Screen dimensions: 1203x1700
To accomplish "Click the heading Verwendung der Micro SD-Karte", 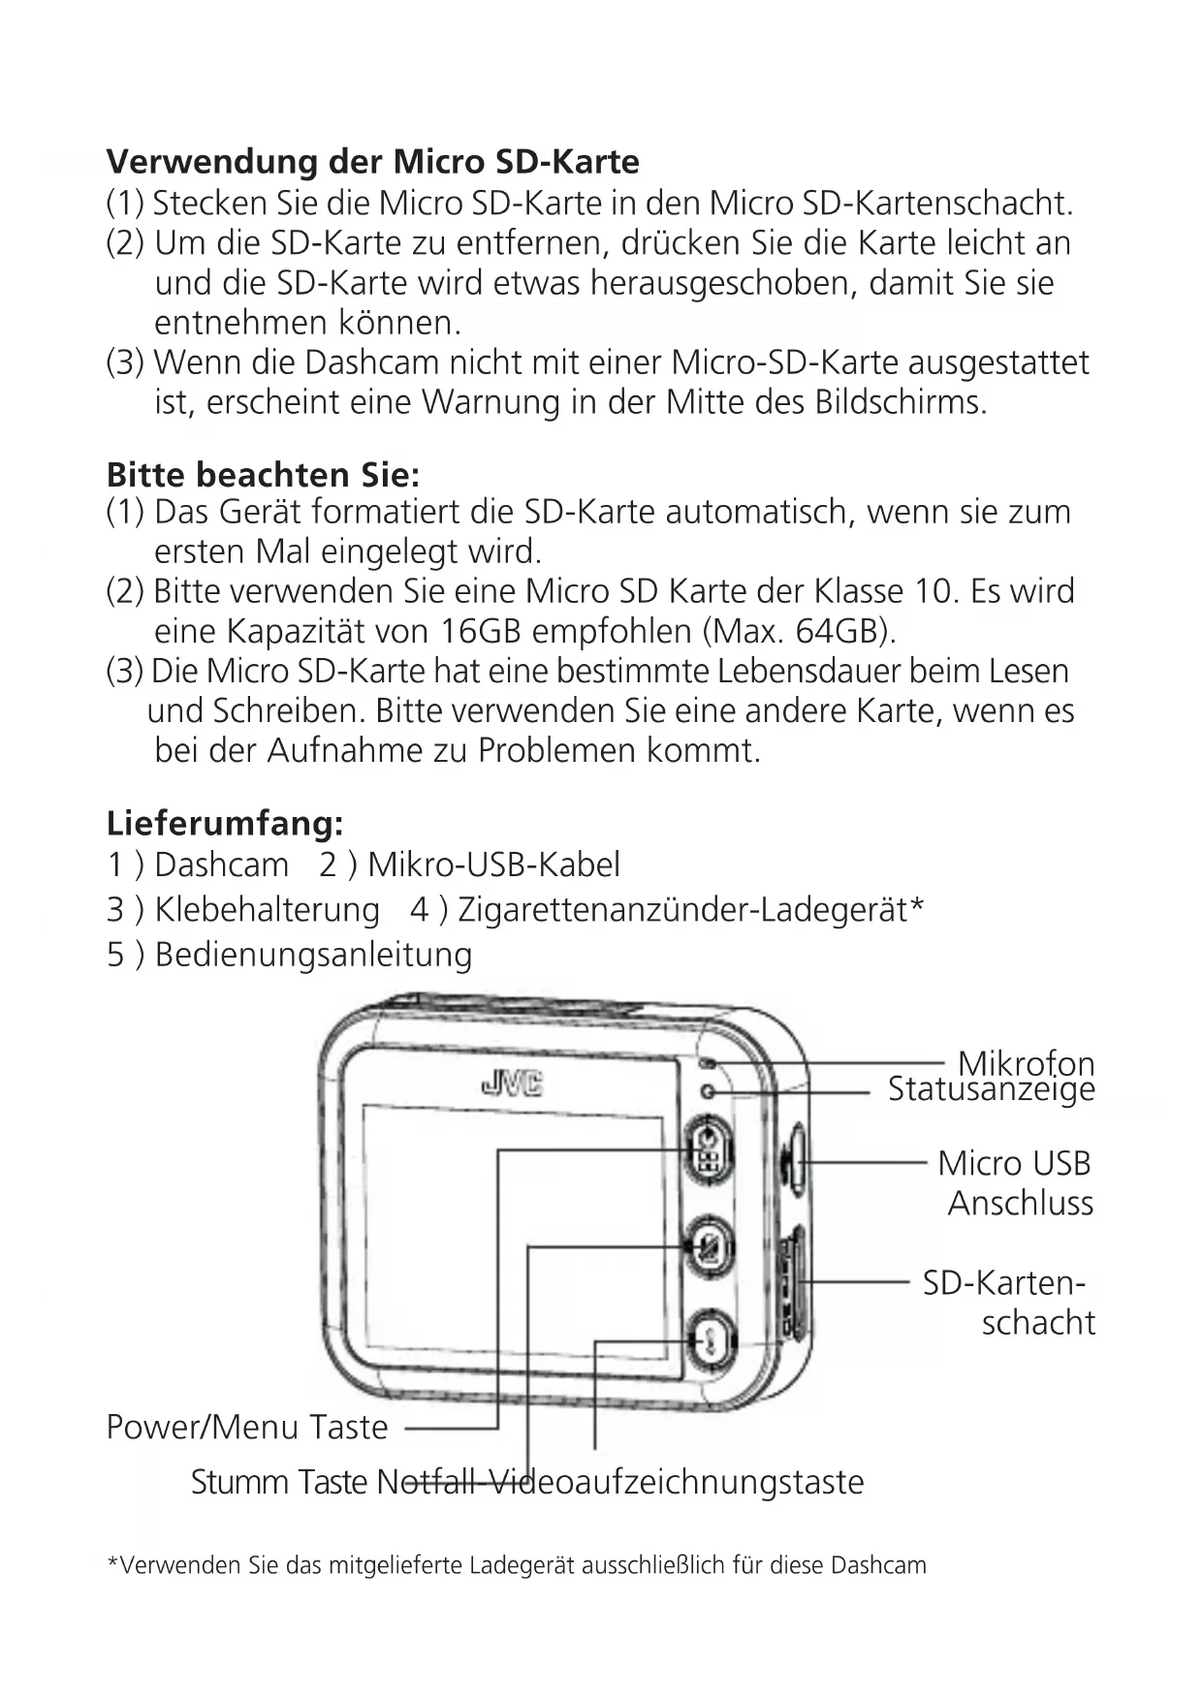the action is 372,161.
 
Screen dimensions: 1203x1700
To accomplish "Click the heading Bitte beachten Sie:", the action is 263,475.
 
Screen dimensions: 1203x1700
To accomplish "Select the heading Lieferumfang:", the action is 225,823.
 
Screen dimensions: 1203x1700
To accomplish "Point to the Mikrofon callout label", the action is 1026,1062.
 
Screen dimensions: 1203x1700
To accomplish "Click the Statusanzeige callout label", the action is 991,1089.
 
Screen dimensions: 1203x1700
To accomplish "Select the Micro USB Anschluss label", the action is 1015,1182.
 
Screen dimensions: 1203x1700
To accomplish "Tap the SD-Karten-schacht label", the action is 1008,1302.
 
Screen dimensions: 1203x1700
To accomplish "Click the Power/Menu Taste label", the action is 246,1427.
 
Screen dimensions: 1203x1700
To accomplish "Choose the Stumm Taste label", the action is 279,1482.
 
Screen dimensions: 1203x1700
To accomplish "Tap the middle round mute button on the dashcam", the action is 708,1246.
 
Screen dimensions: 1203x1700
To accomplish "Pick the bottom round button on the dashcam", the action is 710,1339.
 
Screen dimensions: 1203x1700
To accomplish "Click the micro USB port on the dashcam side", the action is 794,1159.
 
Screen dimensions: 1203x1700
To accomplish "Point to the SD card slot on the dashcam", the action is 795,1282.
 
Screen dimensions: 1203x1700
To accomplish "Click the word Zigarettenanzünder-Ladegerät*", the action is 690,910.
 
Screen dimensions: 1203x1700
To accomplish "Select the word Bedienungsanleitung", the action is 313,955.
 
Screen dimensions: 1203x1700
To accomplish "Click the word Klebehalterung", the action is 267,910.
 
